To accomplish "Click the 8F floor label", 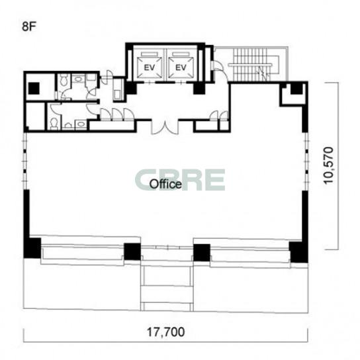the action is pos(29,26).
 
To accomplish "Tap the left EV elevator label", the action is pos(150,67).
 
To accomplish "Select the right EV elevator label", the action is pos(181,67).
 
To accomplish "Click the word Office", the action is pos(165,184).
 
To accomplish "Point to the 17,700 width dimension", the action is pos(165,332).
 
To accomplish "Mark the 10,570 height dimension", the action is pos(328,165).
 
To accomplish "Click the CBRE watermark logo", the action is pos(180,180).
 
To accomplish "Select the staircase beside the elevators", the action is pos(253,64).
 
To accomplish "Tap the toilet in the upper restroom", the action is pos(63,81).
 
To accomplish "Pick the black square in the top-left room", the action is pos(34,89).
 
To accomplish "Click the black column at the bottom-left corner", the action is pos(32,248).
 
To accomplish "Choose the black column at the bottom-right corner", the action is pos(298,252).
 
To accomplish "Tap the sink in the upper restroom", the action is pos(79,79).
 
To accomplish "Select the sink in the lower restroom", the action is pos(81,124).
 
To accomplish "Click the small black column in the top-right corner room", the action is pos(296,89).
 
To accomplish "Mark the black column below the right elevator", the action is pos(199,88).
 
